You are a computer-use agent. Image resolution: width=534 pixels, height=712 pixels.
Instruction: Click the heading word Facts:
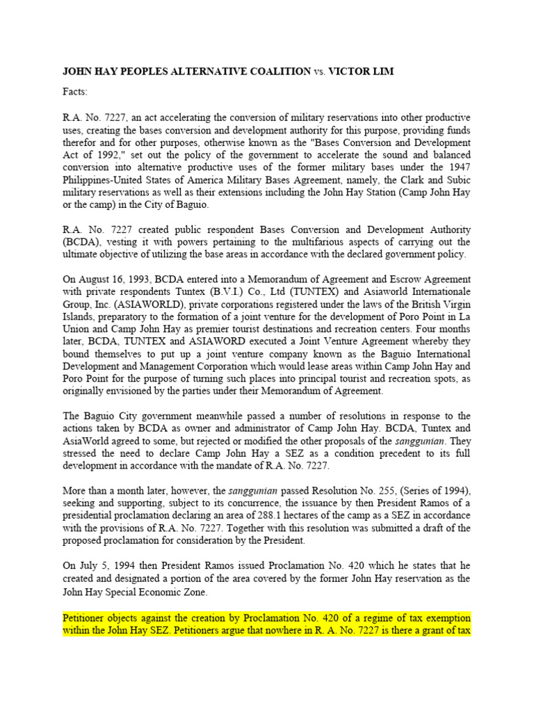coord(75,92)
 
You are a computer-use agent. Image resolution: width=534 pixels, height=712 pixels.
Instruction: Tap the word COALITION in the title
coord(272,72)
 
